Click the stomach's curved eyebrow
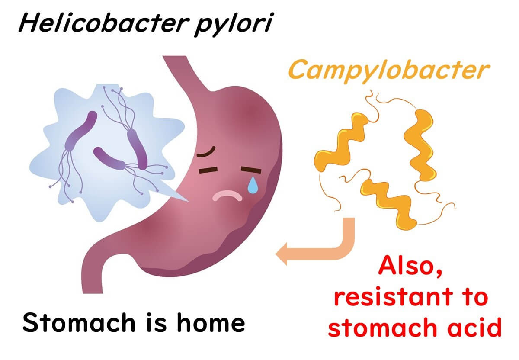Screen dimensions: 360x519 tap(206, 152)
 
